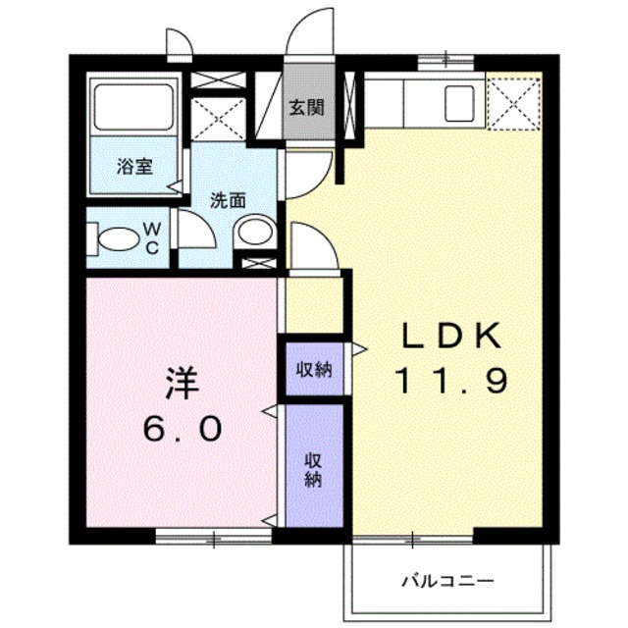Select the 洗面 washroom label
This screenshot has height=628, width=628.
click(x=228, y=199)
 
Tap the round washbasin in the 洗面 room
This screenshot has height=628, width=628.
click(x=254, y=234)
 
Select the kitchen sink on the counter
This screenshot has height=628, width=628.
click(x=457, y=103)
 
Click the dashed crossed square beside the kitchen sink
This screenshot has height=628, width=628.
click(x=514, y=102)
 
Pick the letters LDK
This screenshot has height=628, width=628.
click(x=451, y=337)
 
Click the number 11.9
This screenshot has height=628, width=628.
click(x=451, y=380)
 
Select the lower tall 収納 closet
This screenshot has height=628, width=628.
click(x=315, y=467)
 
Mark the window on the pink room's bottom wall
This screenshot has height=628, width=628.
click(x=213, y=536)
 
